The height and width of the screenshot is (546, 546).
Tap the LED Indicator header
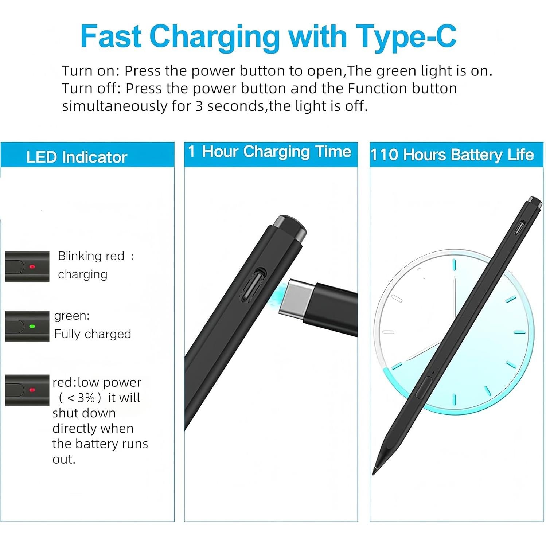pos(77,157)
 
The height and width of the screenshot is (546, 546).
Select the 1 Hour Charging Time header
pos(269,152)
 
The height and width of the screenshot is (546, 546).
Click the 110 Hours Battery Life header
pos(452,155)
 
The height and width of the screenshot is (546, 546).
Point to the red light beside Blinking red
pos(32,267)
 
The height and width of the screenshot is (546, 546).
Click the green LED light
pos(32,326)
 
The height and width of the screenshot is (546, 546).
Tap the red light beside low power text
pos(32,390)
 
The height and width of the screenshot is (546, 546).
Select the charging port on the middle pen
pos(257,284)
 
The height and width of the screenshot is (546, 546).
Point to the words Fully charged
pos(93,334)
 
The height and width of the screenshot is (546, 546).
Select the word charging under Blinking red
pos(83,274)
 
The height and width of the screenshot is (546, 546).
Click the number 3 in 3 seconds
pos(199,106)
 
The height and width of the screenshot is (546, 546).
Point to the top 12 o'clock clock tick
pos(454,265)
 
